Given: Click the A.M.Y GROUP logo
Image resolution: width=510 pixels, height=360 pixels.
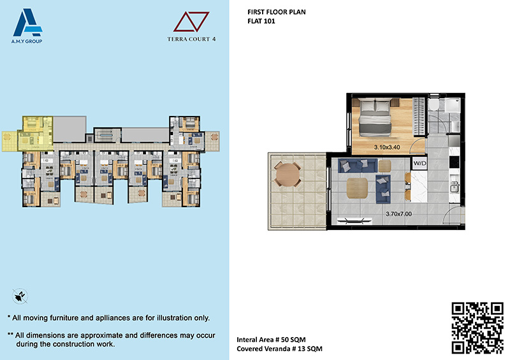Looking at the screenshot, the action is (27, 25).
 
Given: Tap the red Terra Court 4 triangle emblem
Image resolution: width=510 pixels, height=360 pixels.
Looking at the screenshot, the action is (191, 22).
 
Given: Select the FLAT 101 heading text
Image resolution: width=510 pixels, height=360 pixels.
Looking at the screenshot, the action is (261, 21).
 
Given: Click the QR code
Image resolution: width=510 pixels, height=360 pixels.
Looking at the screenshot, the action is (477, 328).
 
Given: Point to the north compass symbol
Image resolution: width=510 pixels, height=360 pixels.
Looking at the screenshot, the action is (20, 296).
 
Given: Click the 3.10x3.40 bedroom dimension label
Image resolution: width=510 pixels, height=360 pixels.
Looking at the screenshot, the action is (387, 147).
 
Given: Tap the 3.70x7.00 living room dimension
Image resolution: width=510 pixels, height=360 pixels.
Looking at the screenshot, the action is (399, 214).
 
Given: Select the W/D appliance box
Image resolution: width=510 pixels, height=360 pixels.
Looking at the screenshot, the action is (419, 163).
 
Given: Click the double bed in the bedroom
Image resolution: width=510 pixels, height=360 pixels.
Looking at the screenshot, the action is (375, 117).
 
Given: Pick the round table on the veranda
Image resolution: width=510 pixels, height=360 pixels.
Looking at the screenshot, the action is (288, 175).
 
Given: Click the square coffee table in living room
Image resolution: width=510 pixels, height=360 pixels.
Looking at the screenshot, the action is (357, 188).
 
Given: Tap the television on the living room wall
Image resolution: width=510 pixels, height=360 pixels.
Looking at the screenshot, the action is (354, 221).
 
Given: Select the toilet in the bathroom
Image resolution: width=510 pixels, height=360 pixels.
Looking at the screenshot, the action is (433, 104).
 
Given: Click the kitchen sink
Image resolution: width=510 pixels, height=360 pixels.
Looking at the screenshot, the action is (455, 186).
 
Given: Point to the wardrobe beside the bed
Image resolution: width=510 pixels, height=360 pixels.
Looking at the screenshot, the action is (419, 117).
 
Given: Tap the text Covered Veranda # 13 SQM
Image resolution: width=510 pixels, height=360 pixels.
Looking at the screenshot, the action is (279, 349).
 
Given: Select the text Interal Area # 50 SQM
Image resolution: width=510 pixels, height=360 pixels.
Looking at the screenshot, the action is (271, 340).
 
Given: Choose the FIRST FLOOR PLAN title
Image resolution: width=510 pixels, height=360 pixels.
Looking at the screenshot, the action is (277, 12).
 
